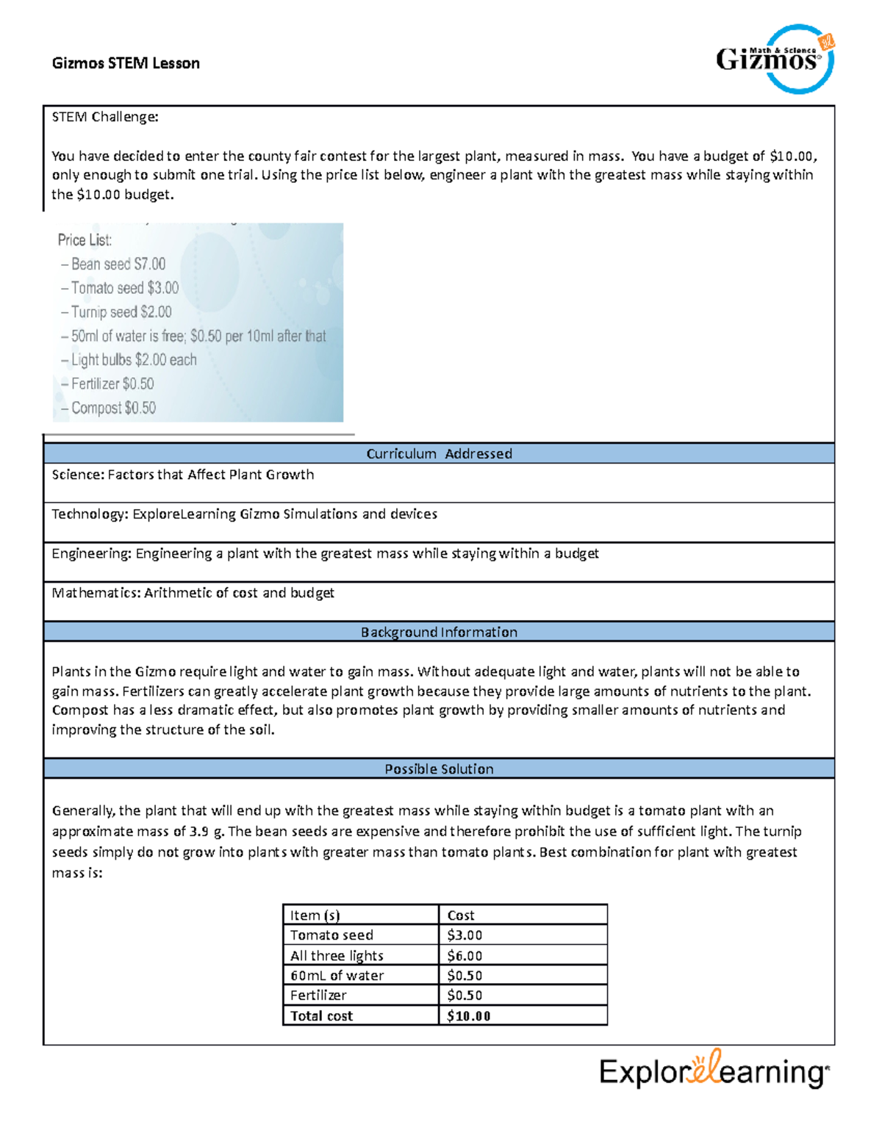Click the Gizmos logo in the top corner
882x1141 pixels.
tap(775, 59)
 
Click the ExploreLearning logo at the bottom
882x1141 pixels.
tap(714, 1070)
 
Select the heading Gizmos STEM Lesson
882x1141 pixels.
tap(126, 63)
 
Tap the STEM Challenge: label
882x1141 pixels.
tap(104, 117)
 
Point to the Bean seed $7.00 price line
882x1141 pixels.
tap(118, 264)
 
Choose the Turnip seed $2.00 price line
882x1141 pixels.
tap(121, 312)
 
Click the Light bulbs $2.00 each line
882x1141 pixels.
tap(133, 360)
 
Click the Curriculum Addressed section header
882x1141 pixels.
tap(439, 453)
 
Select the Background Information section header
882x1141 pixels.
tap(439, 632)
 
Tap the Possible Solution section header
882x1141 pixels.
tap(439, 769)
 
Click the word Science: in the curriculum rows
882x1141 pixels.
tap(78, 475)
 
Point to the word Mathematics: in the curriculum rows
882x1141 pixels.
tap(96, 593)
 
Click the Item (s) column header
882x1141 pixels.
tap(315, 915)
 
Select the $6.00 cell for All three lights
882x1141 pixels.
tap(465, 955)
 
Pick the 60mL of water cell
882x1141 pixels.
tap(337, 975)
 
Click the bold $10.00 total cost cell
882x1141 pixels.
tap(468, 1015)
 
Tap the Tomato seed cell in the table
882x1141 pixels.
tap(331, 935)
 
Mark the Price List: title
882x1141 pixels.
tap(85, 240)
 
